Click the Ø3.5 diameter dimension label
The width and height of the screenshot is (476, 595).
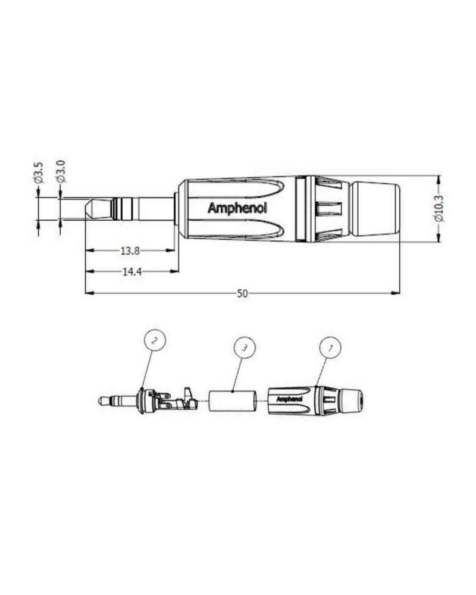point(38,172)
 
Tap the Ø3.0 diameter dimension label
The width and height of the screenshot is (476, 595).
point(59,172)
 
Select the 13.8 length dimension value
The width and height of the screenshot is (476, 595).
point(130,251)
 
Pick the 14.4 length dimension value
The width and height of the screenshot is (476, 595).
point(130,271)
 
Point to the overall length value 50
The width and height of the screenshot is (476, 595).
point(242,293)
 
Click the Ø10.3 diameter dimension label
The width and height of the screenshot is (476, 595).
point(440,209)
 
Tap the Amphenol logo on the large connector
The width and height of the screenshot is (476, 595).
point(237,208)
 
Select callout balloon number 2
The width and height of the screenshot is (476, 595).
point(155,342)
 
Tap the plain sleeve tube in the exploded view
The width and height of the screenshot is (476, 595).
point(233,400)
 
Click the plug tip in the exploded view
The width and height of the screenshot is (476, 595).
point(101,400)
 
